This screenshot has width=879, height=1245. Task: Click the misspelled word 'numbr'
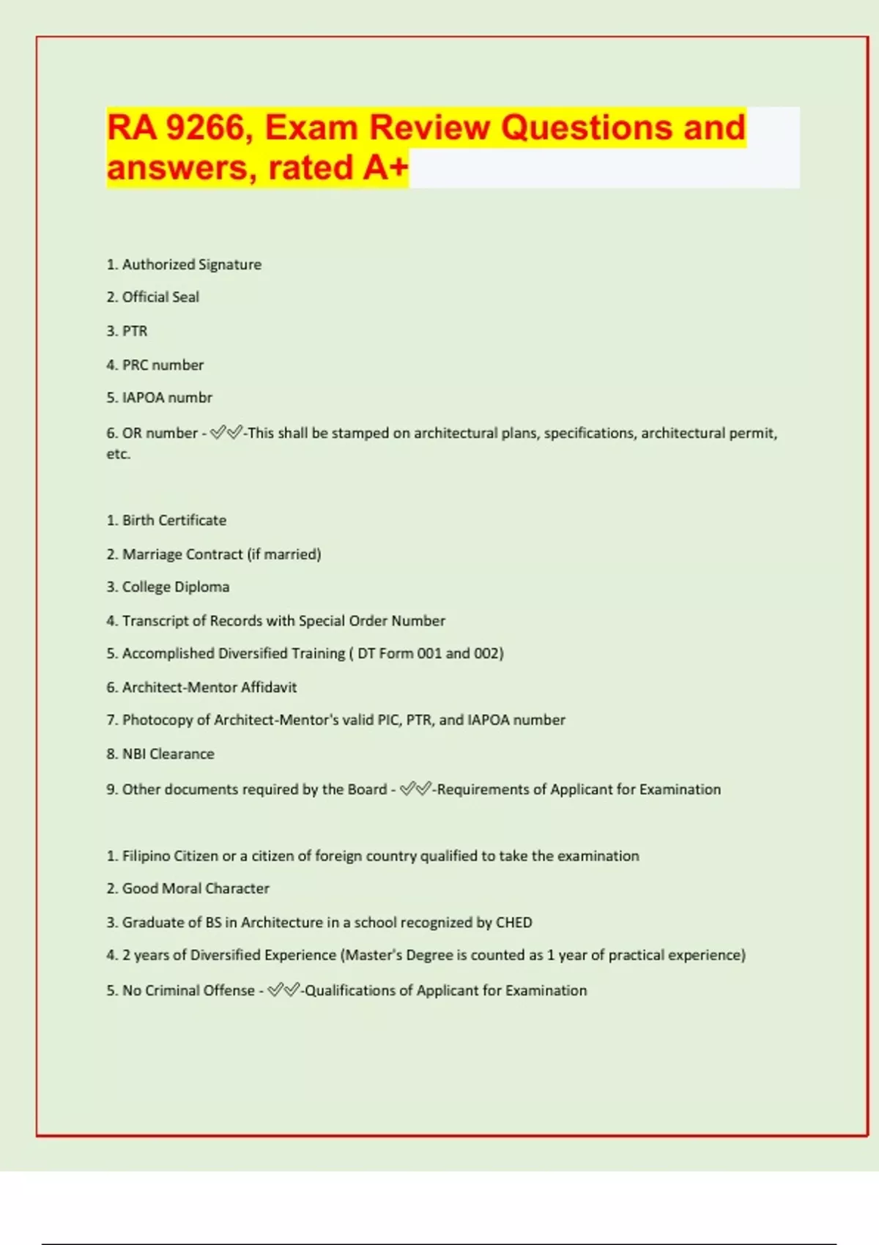click(x=190, y=398)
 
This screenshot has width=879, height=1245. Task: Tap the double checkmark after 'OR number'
click(x=226, y=433)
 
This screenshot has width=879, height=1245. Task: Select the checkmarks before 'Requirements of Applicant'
click(x=415, y=789)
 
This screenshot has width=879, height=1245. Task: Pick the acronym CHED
click(x=513, y=923)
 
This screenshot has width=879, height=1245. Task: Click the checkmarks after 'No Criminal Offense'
click(x=283, y=990)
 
